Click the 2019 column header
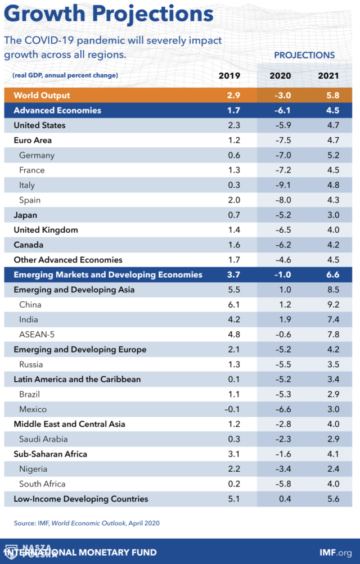pyautogui.click(x=229, y=75)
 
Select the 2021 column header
pyautogui.click(x=328, y=75)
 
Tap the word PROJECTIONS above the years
pyautogui.click(x=304, y=55)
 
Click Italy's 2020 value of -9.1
pyautogui.click(x=283, y=185)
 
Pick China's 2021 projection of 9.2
pyautogui.click(x=333, y=305)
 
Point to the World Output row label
pyautogui.click(x=42, y=96)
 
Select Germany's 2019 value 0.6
pyautogui.click(x=234, y=155)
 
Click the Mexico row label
pyautogui.click(x=33, y=409)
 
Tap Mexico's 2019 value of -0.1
pyautogui.click(x=232, y=409)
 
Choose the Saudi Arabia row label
pyautogui.click(x=43, y=439)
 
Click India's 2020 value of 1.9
pyautogui.click(x=285, y=320)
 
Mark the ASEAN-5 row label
pyautogui.click(x=37, y=335)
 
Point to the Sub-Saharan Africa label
pyautogui.click(x=51, y=454)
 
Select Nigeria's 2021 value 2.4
pyautogui.click(x=333, y=469)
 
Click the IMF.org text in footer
pyautogui.click(x=336, y=553)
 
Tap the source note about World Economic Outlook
pyautogui.click(x=87, y=523)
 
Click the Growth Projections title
pyautogui.click(x=109, y=13)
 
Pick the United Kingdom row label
pyautogui.click(x=46, y=230)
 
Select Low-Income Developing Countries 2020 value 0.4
pyautogui.click(x=285, y=499)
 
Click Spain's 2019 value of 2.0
pyautogui.click(x=234, y=200)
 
